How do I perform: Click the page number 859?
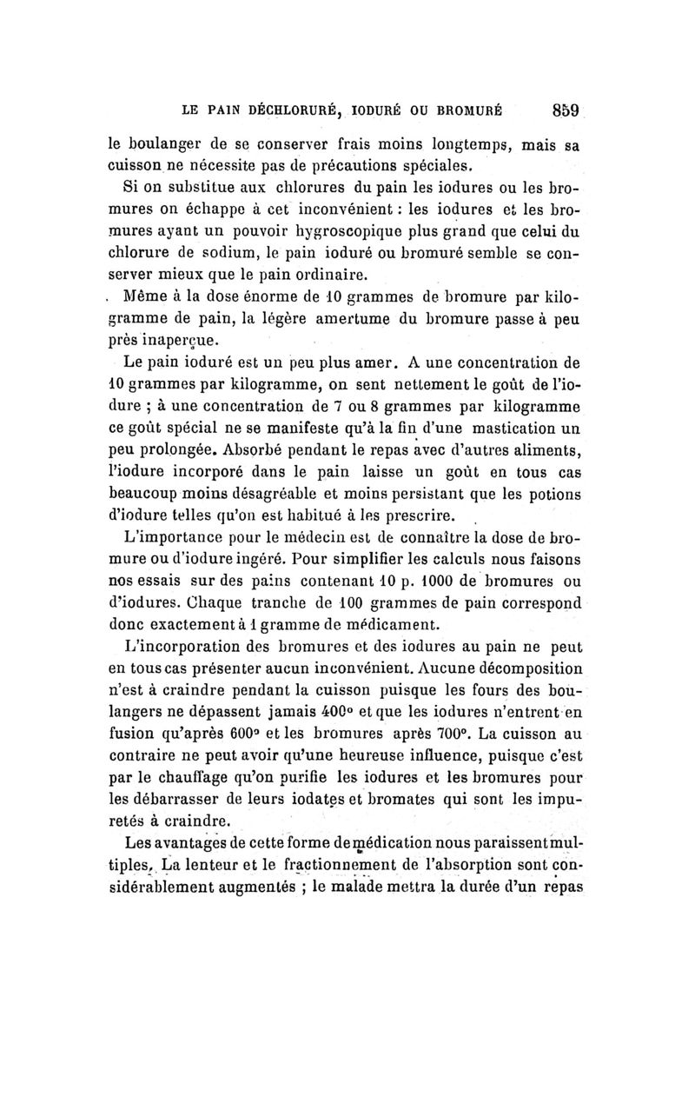(563, 110)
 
